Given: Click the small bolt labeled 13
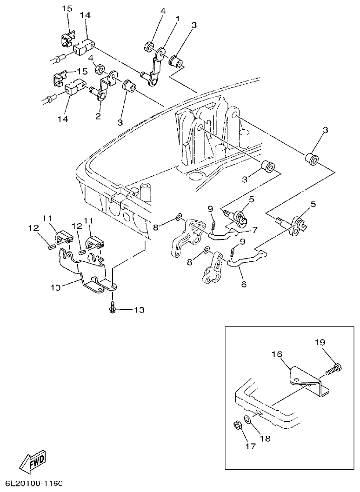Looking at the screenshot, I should [x=113, y=308].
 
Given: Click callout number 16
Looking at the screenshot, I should [x=277, y=354].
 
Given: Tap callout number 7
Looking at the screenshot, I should [x=254, y=230].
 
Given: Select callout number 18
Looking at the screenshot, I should [x=265, y=438].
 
